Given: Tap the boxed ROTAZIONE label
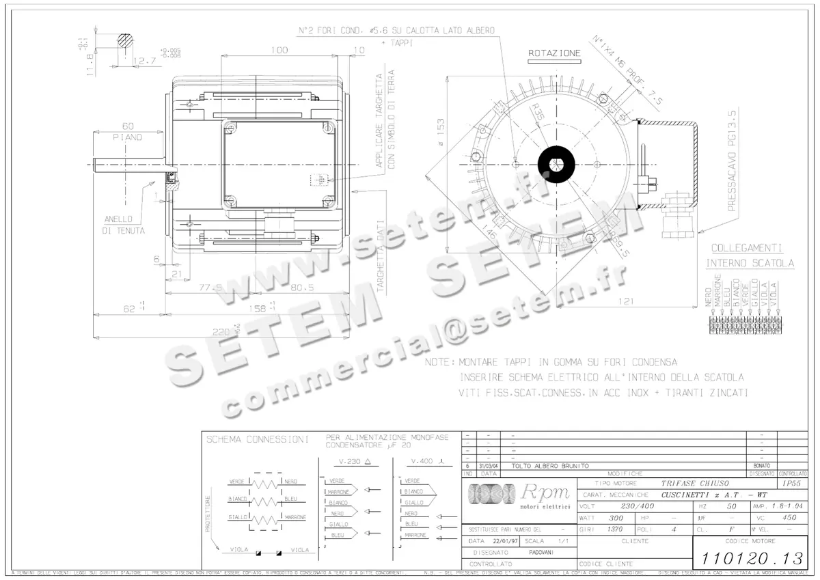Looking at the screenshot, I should point(555,53).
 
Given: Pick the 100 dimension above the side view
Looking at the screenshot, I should point(279,50).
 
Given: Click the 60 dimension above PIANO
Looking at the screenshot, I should point(128,126).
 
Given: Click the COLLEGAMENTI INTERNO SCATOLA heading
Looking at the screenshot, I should point(750,256).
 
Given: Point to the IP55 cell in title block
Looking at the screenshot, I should point(791,483).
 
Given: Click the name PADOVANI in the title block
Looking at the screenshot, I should point(541,552).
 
